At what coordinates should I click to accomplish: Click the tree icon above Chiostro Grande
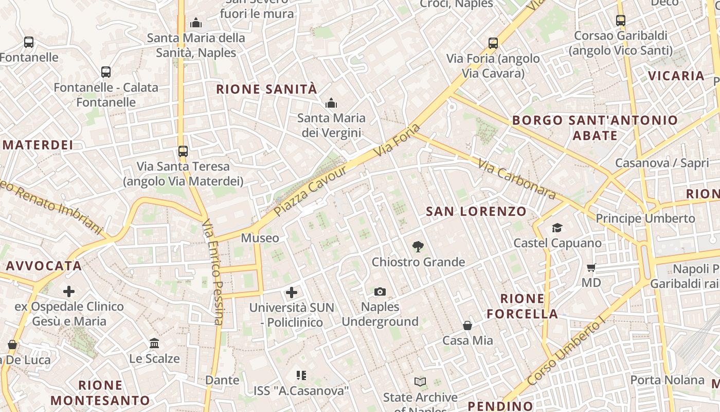tap(418, 247)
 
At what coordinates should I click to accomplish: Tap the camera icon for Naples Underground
tap(380, 292)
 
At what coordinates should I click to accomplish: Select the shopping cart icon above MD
tap(591, 267)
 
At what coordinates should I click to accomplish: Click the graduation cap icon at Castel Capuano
tap(557, 228)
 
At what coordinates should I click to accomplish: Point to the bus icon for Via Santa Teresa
tap(183, 151)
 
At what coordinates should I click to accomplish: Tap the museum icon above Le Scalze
tap(154, 343)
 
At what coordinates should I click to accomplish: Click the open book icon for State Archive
tap(420, 382)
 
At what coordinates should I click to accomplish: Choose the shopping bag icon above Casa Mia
tap(467, 325)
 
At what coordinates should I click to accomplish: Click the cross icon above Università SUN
tap(292, 293)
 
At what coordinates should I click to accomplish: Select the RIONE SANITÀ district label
tap(266, 89)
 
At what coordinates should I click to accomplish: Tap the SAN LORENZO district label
tap(476, 211)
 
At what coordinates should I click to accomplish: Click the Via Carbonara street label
tap(517, 179)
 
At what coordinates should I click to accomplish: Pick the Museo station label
tap(260, 238)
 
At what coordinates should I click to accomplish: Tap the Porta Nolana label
tap(667, 380)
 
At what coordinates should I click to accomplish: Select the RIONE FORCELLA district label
tap(522, 306)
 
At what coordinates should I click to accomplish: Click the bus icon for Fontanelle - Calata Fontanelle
tap(106, 72)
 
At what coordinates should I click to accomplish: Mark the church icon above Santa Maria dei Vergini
tap(331, 103)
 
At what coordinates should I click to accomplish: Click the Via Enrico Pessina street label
tap(213, 273)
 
